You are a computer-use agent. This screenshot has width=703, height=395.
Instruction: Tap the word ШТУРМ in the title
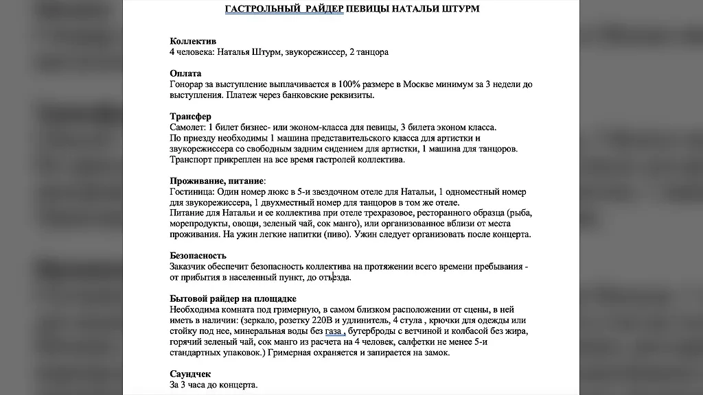(458, 9)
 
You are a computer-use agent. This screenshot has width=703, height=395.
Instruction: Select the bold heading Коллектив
(193, 41)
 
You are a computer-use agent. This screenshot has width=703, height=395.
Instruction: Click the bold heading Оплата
(185, 73)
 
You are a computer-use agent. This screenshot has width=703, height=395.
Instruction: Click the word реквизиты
(350, 95)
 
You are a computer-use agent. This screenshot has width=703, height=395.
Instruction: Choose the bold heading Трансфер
(190, 117)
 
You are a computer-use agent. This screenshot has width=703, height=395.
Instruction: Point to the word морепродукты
(199, 224)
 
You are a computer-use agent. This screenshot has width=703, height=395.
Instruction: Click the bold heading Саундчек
(190, 374)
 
